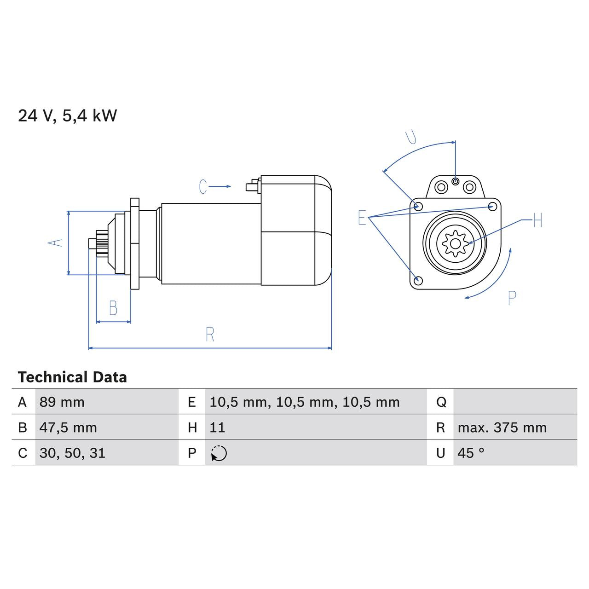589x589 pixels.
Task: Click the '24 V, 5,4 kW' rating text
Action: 67,115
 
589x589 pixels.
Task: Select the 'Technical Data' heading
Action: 72,377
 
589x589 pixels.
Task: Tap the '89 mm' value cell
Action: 62,402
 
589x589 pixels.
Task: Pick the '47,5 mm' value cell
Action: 68,427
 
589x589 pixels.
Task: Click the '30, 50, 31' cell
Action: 72,453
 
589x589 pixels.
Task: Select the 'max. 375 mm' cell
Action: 502,427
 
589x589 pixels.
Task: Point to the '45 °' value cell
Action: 471,453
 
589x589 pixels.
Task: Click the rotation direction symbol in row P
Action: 219,453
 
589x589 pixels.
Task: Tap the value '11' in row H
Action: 217,427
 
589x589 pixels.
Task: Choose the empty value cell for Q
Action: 514,402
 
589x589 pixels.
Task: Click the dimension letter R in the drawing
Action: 210,335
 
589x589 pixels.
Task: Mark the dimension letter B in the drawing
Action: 113,308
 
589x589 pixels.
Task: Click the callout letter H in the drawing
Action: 538,221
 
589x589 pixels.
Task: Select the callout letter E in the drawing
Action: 362,218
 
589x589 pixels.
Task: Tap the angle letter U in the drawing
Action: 411,137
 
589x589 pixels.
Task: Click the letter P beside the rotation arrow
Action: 512,298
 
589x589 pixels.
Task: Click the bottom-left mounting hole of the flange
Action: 418,280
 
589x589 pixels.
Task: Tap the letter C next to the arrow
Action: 203,187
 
